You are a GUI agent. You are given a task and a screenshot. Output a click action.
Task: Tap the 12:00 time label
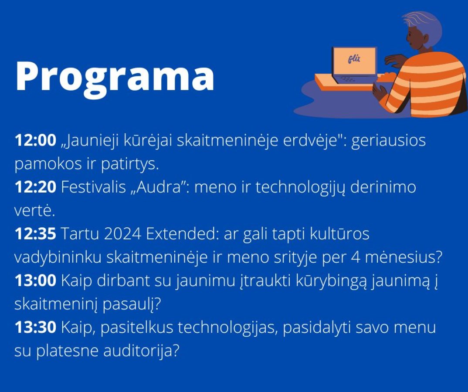pos(36,140)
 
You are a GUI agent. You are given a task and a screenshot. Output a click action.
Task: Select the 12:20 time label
pos(36,187)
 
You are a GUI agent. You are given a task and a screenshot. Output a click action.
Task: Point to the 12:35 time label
pos(36,233)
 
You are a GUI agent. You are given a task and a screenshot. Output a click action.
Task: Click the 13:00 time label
pos(36,280)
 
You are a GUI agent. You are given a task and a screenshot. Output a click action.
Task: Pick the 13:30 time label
pos(36,327)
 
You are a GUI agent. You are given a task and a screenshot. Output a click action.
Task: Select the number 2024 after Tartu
pos(122,233)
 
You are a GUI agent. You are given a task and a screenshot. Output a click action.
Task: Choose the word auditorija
pos(141,351)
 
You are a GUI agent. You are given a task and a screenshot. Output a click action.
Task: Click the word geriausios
pos(388,141)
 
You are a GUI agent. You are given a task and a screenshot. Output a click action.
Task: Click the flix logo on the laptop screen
pos(354,59)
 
